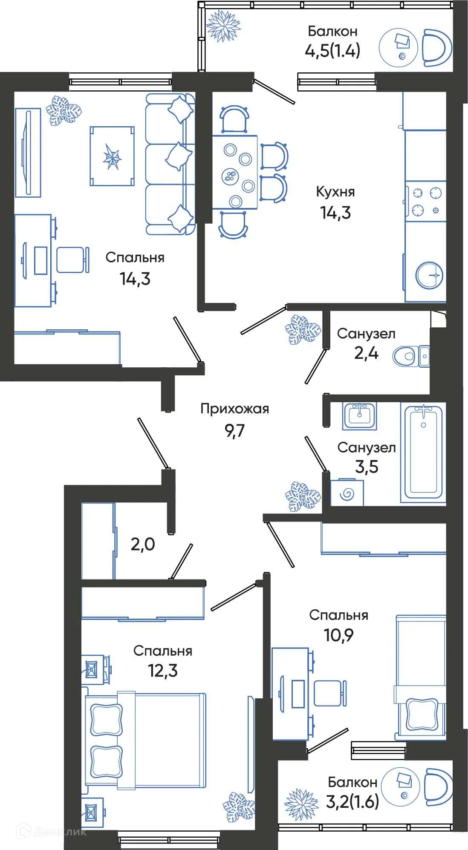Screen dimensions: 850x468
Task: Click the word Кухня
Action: pyautogui.click(x=335, y=192)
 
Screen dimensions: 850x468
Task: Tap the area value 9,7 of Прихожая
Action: pyautogui.click(x=234, y=431)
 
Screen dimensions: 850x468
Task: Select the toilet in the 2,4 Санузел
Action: pyautogui.click(x=404, y=356)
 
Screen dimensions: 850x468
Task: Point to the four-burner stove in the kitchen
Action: pyautogui.click(x=426, y=202)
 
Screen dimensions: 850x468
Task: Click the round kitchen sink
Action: pyautogui.click(x=430, y=275)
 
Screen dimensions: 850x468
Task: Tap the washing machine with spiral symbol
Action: pyautogui.click(x=347, y=493)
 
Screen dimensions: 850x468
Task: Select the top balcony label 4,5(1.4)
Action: pyautogui.click(x=332, y=51)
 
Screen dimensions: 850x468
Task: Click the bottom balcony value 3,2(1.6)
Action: pyautogui.click(x=352, y=802)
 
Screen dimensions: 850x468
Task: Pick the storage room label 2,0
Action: pyautogui.click(x=142, y=544)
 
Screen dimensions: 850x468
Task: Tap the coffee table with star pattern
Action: pyautogui.click(x=112, y=156)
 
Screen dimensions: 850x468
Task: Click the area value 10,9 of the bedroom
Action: pyautogui.click(x=338, y=635)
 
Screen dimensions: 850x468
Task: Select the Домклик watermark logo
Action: pyautogui.click(x=51, y=831)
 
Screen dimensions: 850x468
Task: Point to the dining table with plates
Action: pyautogui.click(x=235, y=172)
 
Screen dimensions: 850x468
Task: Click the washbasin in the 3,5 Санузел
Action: pyautogui.click(x=360, y=415)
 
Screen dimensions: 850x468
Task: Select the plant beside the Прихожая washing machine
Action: pyautogui.click(x=303, y=496)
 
